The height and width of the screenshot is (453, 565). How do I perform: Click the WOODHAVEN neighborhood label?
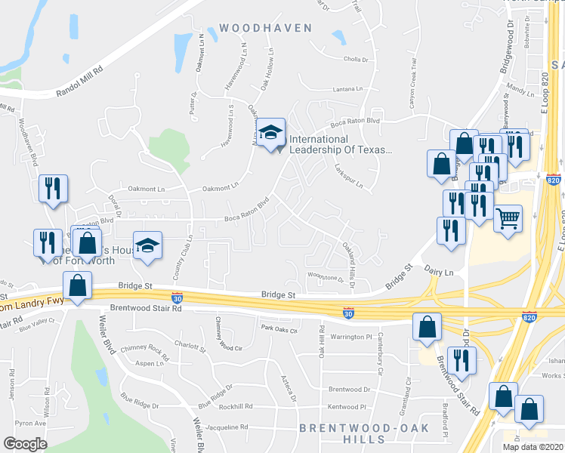pyautogui.click(x=265, y=28)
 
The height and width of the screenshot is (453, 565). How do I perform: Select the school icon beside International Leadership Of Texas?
pyautogui.click(x=270, y=134)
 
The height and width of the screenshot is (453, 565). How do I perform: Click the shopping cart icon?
pyautogui.click(x=508, y=219)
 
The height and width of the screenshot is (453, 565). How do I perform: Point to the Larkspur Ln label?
pyautogui.click(x=349, y=179)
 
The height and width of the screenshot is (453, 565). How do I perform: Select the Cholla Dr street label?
pyautogui.click(x=355, y=60)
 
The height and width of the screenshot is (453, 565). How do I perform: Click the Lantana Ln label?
pyautogui.click(x=348, y=89)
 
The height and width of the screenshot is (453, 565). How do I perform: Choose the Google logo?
pyautogui.click(x=25, y=444)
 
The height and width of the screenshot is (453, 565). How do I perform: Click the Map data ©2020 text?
pyautogui.click(x=532, y=447)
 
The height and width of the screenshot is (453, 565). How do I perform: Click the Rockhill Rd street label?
pyautogui.click(x=232, y=406)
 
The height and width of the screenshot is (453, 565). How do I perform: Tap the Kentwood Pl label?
pyautogui.click(x=347, y=407)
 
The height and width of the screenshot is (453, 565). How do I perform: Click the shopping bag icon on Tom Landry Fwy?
pyautogui.click(x=78, y=288)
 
